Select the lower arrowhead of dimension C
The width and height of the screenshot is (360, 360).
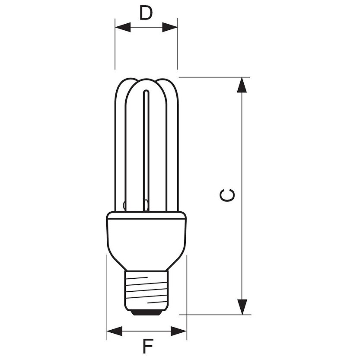coord(242,306)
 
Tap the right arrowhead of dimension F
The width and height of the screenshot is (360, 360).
coord(178,331)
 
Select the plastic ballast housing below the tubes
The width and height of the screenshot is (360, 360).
coord(146,236)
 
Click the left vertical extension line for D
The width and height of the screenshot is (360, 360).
coord(115,48)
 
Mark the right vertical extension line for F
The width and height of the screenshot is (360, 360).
coord(187,294)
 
